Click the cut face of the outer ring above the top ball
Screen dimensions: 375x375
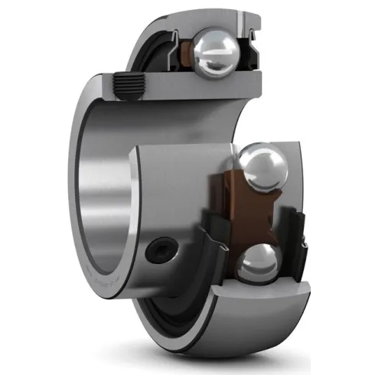tap(214, 17)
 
